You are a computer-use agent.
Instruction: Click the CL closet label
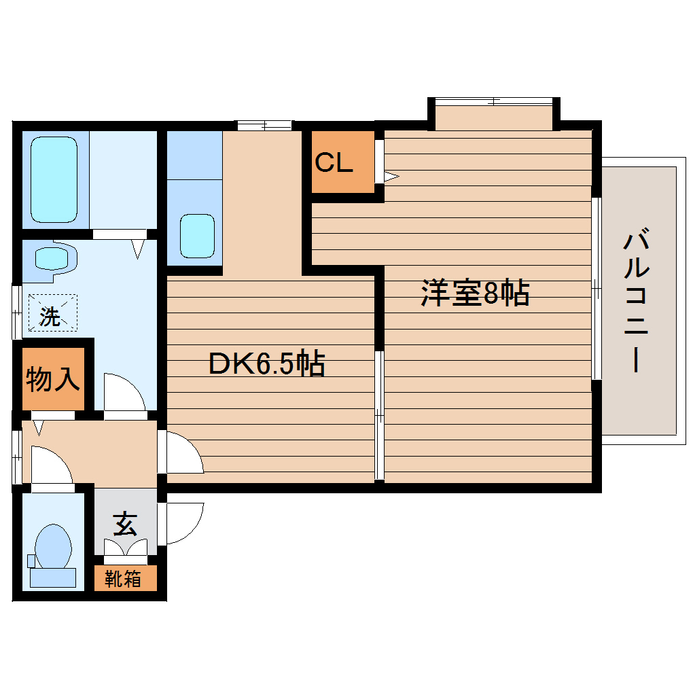click(x=334, y=162)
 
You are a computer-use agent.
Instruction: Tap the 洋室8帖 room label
click(x=475, y=294)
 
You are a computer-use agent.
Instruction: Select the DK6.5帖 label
click(x=266, y=364)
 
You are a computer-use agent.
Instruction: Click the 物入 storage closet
click(x=53, y=379)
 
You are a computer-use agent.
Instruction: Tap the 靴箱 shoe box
click(x=124, y=579)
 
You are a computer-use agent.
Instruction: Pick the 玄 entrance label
click(x=125, y=524)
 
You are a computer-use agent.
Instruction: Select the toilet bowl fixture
click(x=53, y=548)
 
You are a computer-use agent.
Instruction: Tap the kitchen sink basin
click(x=197, y=235)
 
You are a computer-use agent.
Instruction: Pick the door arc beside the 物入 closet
click(x=124, y=393)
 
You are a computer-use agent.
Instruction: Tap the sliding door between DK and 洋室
click(x=379, y=414)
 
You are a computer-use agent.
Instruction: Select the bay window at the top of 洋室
click(x=494, y=102)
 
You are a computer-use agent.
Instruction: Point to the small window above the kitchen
click(x=264, y=124)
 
